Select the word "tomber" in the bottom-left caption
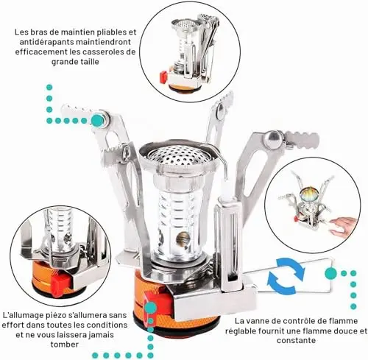[x=65, y=344]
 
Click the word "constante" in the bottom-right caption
[x=296, y=340]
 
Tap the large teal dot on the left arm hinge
[x=97, y=120]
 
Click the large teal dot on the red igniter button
[x=150, y=308]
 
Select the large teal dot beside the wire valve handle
[x=330, y=273]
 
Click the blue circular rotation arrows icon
[x=286, y=275]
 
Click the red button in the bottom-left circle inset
[x=60, y=283]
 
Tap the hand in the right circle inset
[x=344, y=225]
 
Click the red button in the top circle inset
[x=163, y=77]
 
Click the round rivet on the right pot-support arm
[x=274, y=138]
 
